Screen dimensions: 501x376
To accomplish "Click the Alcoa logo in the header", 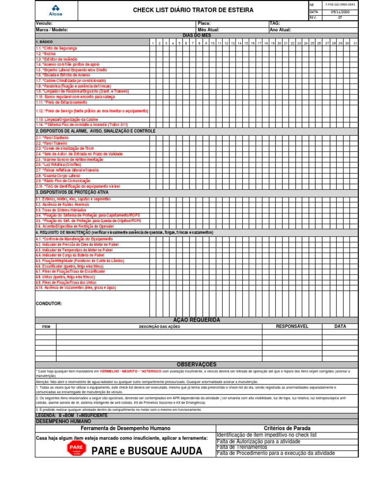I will [x=56, y=10].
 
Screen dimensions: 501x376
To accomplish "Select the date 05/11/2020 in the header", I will [x=340, y=11].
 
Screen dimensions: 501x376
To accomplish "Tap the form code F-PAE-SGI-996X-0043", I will [x=340, y=4].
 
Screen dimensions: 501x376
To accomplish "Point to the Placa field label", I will [x=203, y=23].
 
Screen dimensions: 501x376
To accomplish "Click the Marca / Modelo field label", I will [x=52, y=30].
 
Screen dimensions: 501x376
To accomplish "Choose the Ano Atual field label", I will [x=280, y=30].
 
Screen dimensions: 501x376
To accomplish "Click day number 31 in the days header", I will [x=354, y=44].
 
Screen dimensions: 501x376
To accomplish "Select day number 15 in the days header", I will [x=246, y=44].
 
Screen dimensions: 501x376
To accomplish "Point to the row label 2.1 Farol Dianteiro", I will [x=52, y=138].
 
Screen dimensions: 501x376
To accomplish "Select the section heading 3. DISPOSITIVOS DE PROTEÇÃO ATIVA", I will [x=71, y=192].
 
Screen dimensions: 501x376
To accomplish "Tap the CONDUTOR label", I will [x=49, y=303].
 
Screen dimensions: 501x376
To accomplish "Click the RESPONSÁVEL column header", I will [x=292, y=326].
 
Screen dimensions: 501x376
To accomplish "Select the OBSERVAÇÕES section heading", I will [x=196, y=364].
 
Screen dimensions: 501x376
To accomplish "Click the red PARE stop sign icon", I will [x=76, y=449].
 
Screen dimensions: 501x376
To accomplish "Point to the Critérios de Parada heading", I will [x=287, y=428].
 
